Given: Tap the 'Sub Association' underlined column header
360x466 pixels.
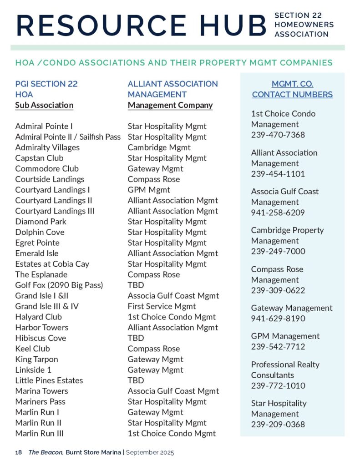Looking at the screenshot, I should pyautogui.click(x=44, y=105).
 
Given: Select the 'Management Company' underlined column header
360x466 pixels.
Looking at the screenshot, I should pyautogui.click(x=170, y=105).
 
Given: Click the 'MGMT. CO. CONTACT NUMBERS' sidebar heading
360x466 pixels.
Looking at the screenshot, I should pyautogui.click(x=292, y=89).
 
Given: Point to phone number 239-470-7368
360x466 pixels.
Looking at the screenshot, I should pyautogui.click(x=278, y=135).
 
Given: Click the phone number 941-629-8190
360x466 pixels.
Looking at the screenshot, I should pyautogui.click(x=278, y=319).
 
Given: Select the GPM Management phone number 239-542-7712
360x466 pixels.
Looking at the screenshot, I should pyautogui.click(x=278, y=347).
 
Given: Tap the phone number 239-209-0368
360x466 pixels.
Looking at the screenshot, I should pyautogui.click(x=278, y=425).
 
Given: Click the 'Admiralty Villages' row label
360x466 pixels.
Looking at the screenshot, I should pyautogui.click(x=47, y=147).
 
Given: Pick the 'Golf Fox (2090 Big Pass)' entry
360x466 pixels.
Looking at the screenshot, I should pyautogui.click(x=59, y=285).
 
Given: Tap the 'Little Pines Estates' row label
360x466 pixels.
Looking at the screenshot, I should pyautogui.click(x=49, y=380).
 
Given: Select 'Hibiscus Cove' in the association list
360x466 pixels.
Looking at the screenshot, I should pyautogui.click(x=41, y=338).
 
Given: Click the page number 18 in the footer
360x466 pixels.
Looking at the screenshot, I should pyautogui.click(x=18, y=453).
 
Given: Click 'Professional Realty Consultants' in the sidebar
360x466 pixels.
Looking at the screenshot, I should pyautogui.click(x=285, y=370).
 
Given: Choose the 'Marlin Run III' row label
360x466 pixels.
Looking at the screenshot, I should pyautogui.click(x=40, y=433).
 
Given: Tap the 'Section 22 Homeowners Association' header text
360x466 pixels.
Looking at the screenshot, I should pyautogui.click(x=304, y=25).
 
